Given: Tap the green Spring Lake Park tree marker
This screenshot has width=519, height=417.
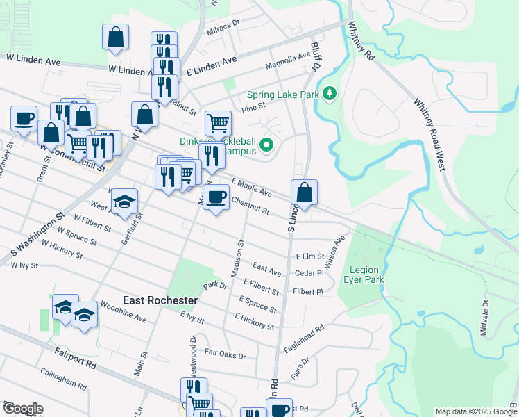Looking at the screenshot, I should coord(330,93).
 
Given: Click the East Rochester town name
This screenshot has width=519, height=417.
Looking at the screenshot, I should coord(160,300).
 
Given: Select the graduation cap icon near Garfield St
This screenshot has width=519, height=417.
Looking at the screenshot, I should coord(125,202).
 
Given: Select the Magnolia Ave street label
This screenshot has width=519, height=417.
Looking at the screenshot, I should coord(288,62).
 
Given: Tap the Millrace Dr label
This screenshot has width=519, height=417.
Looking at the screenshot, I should coord(223,28).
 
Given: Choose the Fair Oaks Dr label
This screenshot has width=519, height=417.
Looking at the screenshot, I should coord(225,354).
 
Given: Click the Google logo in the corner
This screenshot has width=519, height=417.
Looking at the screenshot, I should coord(22,409).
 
